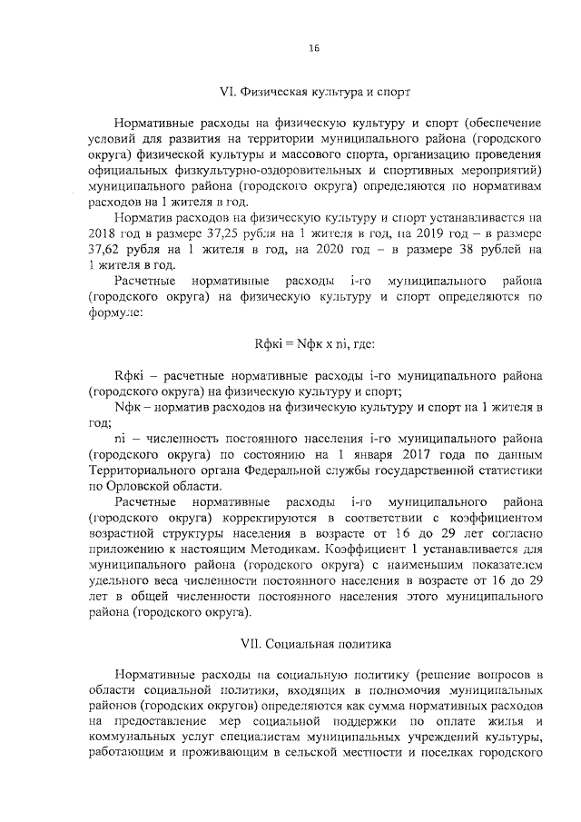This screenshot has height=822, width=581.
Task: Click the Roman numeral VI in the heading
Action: point(228,92)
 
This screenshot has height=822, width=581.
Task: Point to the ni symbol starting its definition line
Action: point(123,438)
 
